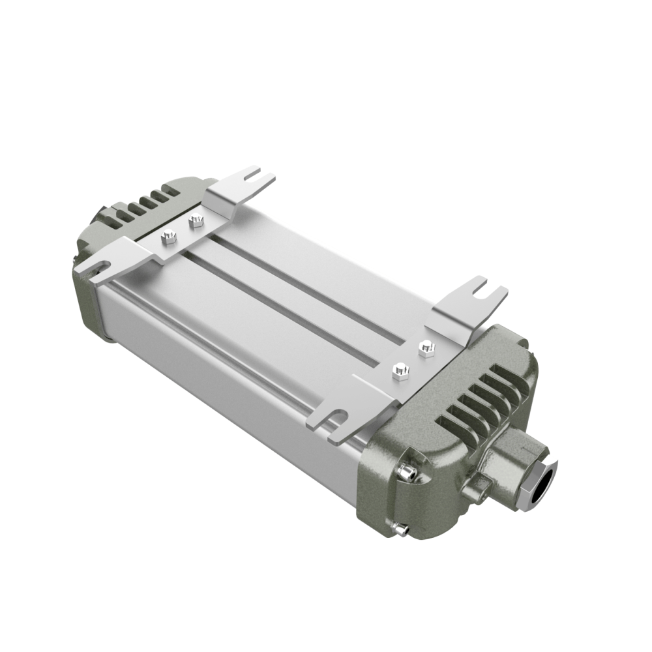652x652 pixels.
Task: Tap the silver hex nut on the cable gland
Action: click(536, 481)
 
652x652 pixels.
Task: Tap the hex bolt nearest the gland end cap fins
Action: click(426, 348)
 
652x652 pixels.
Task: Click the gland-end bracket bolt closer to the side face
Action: click(400, 372)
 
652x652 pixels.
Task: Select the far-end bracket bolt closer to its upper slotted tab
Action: click(195, 222)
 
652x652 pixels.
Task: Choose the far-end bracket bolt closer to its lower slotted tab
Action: click(168, 237)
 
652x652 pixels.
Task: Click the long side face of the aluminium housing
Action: click(228, 365)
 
